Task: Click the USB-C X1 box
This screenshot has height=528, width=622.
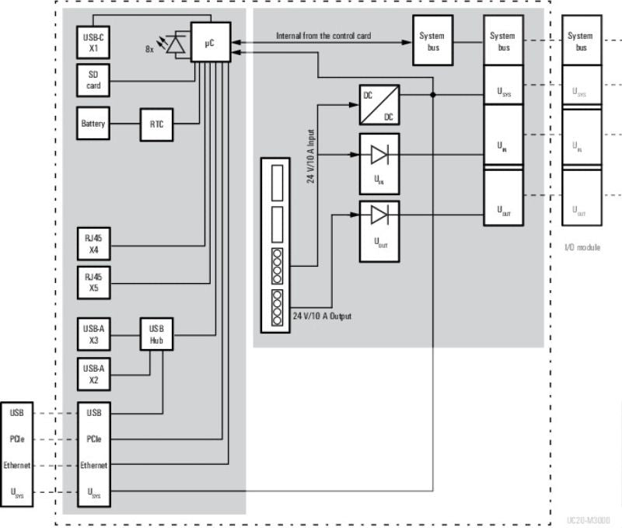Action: [x=93, y=40]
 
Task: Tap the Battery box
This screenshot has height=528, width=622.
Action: [x=93, y=124]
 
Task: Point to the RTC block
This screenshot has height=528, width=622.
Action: [x=156, y=124]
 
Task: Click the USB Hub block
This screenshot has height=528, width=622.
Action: [x=156, y=334]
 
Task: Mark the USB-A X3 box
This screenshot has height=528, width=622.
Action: [x=93, y=334]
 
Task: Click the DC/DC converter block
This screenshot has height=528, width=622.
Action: [x=379, y=104]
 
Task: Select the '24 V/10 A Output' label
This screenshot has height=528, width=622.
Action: [x=323, y=316]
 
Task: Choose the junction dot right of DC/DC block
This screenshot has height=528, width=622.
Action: [x=432, y=95]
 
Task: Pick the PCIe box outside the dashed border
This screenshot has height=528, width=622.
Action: [x=16, y=439]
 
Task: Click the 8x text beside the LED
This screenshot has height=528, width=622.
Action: [x=150, y=48]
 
